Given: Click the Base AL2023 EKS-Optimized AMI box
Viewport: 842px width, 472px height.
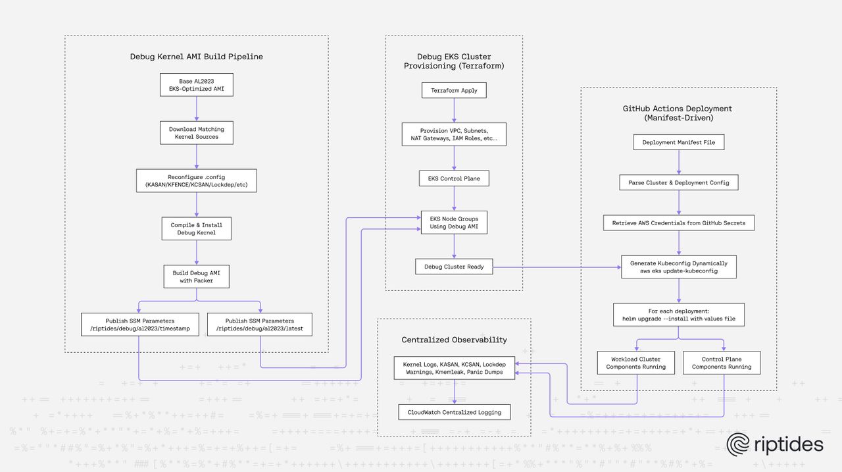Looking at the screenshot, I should point(196,85).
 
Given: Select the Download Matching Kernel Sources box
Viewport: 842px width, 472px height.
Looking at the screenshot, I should point(196,133).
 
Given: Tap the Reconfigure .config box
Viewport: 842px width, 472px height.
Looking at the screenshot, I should point(196,180).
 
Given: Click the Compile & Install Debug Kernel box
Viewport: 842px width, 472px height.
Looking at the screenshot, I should point(196,228).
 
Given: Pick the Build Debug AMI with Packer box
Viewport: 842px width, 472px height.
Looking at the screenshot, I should point(196,276).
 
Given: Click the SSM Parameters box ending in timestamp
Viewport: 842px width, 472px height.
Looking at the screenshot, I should point(139,324).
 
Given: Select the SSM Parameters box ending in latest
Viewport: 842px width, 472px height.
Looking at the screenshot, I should point(259,324).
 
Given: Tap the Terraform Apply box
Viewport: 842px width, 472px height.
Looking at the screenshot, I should point(454,90).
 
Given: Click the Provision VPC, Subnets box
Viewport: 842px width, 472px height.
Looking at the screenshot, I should point(454,134).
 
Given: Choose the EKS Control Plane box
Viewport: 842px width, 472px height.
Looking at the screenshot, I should point(454,178).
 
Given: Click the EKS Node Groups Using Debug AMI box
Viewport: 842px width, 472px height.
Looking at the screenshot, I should point(454,223).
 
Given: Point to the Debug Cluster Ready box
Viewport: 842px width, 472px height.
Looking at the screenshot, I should point(454,267).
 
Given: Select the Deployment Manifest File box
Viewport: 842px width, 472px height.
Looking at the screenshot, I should point(678,142).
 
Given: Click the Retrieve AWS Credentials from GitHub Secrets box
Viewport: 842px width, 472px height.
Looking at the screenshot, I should point(678,223).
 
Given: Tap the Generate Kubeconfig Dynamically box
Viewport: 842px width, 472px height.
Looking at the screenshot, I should point(678,267).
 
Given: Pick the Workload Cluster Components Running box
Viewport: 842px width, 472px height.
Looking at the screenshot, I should point(635,363).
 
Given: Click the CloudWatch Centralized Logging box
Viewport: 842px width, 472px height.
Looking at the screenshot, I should point(454,412).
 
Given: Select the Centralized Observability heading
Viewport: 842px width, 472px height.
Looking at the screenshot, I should point(454,340).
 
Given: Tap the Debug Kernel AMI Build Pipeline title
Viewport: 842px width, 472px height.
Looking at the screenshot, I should point(196,57).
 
